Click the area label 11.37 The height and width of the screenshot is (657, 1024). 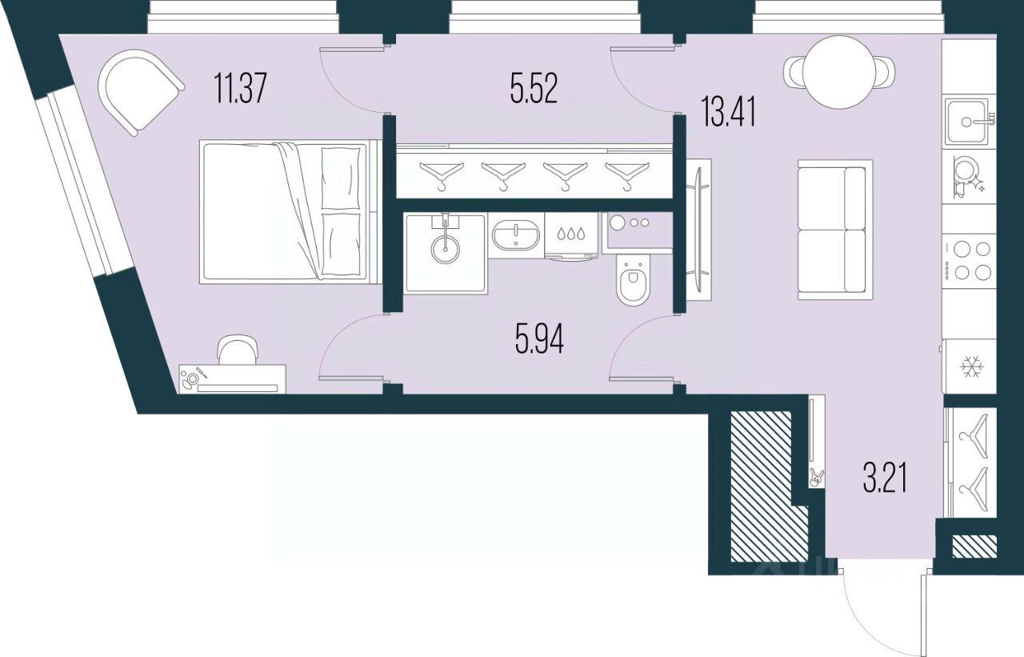pyautogui.click(x=239, y=89)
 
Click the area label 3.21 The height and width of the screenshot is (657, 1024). pyautogui.click(x=886, y=482)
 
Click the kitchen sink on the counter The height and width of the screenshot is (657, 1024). pyautogui.click(x=969, y=122)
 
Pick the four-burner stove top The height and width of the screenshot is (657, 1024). pyautogui.click(x=969, y=260)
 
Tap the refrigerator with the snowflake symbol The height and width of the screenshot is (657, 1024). pyautogui.click(x=970, y=367)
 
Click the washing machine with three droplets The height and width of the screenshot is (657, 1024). pyautogui.click(x=571, y=235)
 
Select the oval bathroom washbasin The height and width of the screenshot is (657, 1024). pyautogui.click(x=516, y=235)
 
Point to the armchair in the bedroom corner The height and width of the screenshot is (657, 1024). pyautogui.click(x=140, y=90)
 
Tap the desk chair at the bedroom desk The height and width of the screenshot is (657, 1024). pyautogui.click(x=238, y=351)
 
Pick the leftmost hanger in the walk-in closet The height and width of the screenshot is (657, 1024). pyautogui.click(x=441, y=174)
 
